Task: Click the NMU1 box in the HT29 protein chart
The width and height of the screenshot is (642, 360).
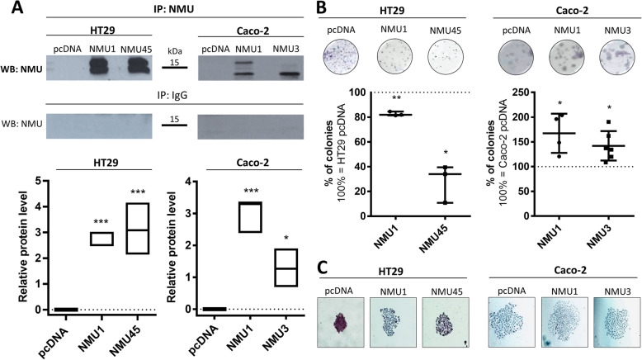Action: tap(101, 239)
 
